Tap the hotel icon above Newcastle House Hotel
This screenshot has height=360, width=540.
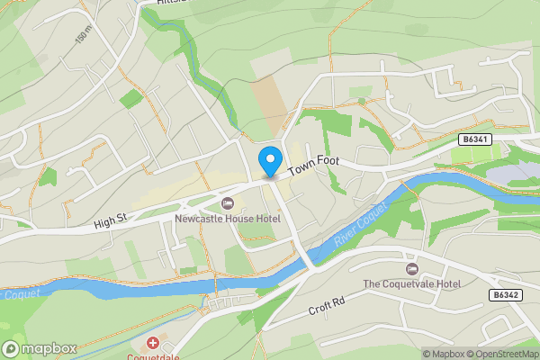pos(227,202)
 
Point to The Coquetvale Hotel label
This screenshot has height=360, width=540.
pos(412,284)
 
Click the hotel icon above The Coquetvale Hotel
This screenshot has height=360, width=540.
pos(412,269)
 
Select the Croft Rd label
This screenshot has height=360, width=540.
pos(327,306)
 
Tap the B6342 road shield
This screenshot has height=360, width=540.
pos(508,294)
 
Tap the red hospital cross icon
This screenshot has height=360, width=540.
pos(153,344)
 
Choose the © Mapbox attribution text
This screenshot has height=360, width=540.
pos(446,354)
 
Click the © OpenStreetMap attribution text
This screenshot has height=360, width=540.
pos(507,354)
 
